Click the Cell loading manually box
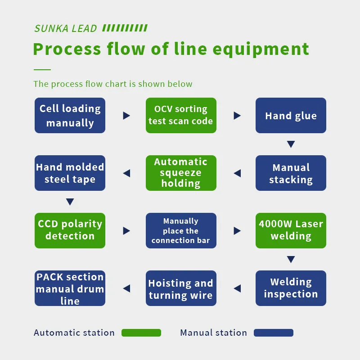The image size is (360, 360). click(70, 116)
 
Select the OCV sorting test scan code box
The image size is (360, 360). click(181, 116)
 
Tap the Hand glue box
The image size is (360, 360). click(291, 116)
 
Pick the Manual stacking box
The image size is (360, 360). click(291, 173)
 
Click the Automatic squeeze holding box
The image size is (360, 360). click(181, 173)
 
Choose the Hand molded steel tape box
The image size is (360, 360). click(70, 173)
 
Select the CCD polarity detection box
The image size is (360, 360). click(70, 230)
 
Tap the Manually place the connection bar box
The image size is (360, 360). click(181, 230)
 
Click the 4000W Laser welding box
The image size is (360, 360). click(291, 230)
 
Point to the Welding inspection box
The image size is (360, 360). click(291, 288)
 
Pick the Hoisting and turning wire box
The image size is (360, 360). click(181, 288)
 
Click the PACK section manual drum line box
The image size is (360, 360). click(70, 288)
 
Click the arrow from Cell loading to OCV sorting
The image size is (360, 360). click(126, 116)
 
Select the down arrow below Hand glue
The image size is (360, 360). click(291, 144)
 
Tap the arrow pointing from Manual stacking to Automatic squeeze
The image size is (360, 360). click(237, 173)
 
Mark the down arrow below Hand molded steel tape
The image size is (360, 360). click(70, 202)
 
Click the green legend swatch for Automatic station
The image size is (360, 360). click(141, 333)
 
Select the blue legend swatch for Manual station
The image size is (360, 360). click(274, 333)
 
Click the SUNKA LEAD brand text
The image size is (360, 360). click(66, 29)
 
